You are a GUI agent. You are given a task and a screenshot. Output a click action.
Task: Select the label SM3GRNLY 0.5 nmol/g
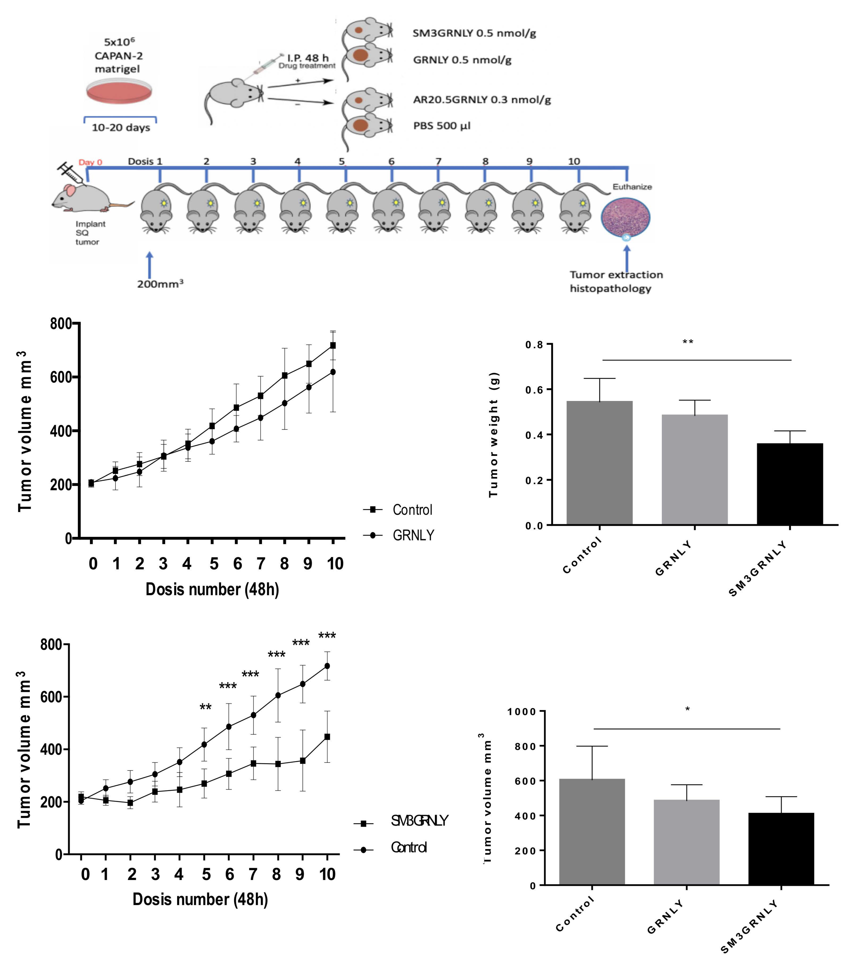[474, 33]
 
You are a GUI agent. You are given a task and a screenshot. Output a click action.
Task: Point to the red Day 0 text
[90, 162]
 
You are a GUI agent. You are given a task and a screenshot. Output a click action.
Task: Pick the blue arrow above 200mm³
[150, 264]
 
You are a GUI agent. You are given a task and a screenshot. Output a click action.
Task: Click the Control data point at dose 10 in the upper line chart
[333, 345]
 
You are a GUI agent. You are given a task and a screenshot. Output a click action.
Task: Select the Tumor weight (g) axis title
[494, 434]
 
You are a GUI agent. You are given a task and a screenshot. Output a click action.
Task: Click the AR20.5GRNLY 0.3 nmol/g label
[482, 100]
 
